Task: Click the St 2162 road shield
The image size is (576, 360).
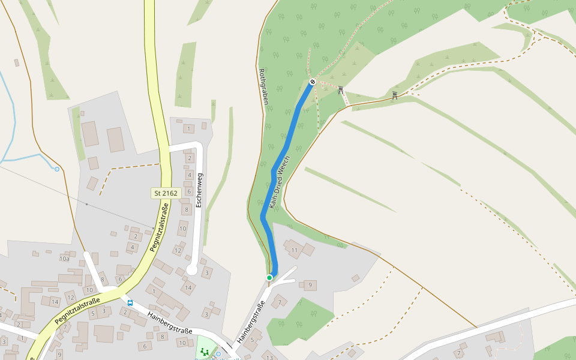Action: coord(166,193)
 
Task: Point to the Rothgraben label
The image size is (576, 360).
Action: coord(262,86)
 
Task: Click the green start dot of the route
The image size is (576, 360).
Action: coord(269,277)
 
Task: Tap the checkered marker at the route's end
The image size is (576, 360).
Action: coord(313,82)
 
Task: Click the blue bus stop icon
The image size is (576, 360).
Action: coord(130,303)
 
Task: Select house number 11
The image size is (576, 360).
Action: coord(294,250)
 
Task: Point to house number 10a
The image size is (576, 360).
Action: coord(64,259)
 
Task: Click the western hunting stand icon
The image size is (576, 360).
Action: coord(341,90)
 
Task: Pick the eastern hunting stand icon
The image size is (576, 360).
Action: coord(394,95)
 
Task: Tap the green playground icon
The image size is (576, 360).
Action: coord(204,352)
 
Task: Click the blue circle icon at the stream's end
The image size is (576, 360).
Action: coord(57,169)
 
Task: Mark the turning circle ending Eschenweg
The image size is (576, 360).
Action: coord(191,271)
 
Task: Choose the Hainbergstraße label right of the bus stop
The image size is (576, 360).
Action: coord(170,322)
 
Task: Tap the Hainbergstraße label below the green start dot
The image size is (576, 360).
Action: coord(250,322)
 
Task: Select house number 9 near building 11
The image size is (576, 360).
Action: coord(310,285)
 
